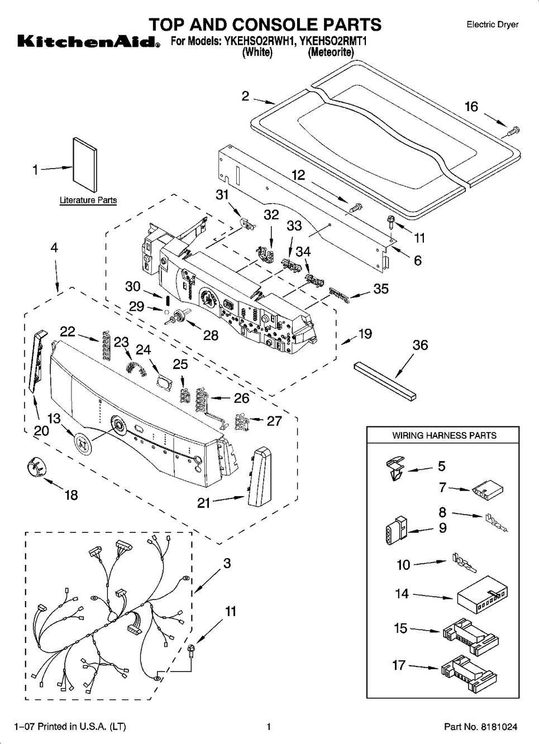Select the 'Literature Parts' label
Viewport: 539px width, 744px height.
click(x=88, y=200)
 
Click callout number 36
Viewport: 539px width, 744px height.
click(x=420, y=345)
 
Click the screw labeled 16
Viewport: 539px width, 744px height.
click(x=514, y=132)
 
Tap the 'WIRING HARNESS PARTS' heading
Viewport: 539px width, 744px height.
click(x=444, y=435)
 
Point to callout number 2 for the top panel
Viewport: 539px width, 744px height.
click(x=245, y=96)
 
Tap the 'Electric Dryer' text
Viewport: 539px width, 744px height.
click(x=492, y=24)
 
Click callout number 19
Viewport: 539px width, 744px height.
click(x=365, y=334)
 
